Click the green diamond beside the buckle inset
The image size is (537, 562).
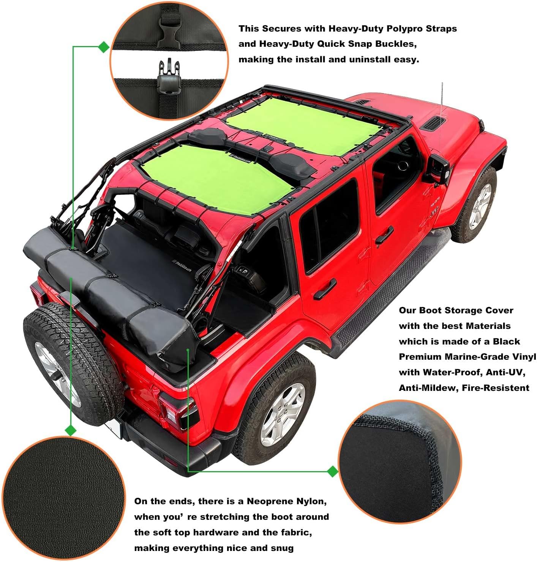pos(104,47)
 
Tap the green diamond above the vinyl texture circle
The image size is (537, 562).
pos(71,430)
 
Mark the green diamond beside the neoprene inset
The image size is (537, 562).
pos(333,472)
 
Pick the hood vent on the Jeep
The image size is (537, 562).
pos(433,124)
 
